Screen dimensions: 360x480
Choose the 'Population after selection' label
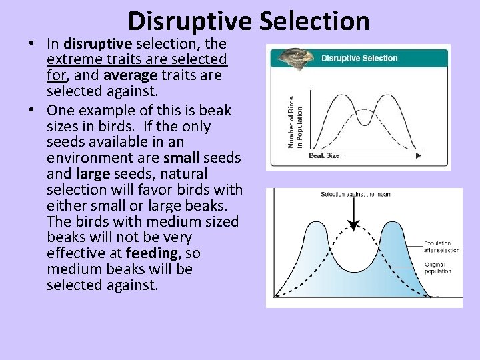pyautogui.click(x=441, y=246)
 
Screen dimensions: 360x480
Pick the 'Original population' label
pyautogui.click(x=437, y=268)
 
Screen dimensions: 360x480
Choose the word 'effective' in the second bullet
pyautogui.click(x=77, y=253)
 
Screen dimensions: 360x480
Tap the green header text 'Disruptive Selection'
pyautogui.click(x=359, y=58)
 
